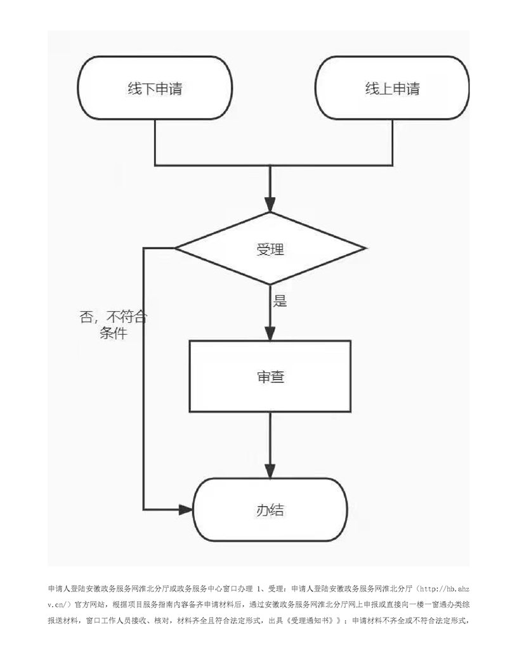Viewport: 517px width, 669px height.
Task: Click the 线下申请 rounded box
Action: point(155,88)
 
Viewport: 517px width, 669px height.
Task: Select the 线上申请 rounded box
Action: point(392,88)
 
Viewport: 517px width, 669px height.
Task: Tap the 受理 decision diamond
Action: point(270,249)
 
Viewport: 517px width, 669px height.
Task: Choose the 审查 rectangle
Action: point(270,376)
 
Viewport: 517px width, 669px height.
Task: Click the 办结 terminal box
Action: point(270,509)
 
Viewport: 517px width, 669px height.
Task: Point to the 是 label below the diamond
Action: point(280,301)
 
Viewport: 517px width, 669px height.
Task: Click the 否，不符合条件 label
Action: point(113,325)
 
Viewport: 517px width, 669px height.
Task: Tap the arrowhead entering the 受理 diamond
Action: point(270,205)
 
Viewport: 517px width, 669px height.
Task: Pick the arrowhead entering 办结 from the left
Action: point(186,509)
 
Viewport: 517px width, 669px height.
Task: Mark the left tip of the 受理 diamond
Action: point(175,248)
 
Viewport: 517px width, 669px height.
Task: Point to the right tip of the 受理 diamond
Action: point(365,248)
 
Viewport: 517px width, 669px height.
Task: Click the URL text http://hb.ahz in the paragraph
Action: point(445,589)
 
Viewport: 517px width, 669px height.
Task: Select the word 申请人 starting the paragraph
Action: point(59,589)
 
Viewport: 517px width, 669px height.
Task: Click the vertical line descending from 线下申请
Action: point(155,142)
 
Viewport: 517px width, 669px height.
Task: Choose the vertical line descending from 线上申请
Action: point(392,142)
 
